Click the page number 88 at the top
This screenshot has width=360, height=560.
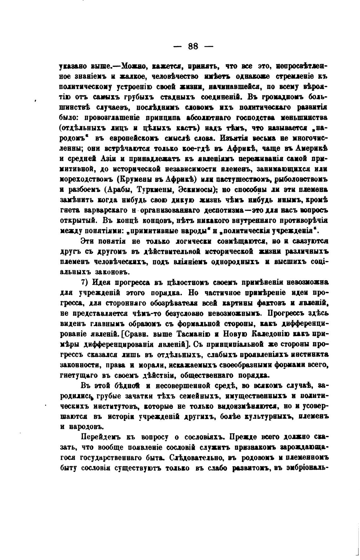[x=193, y=46]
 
